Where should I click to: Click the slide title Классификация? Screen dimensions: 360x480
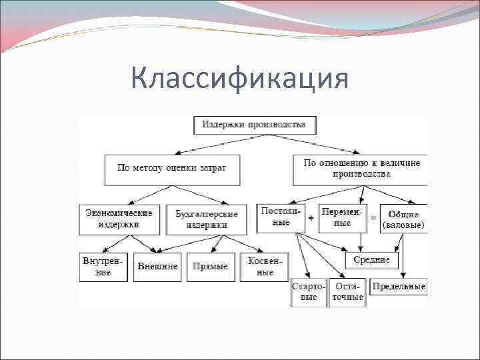pyautogui.click(x=239, y=79)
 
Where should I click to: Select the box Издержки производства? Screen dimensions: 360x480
pyautogui.click(x=255, y=125)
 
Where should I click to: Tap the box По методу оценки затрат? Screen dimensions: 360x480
pyautogui.click(x=171, y=168)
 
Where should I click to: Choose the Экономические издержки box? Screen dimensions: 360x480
pyautogui.click(x=119, y=219)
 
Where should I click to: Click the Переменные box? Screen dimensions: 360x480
pyautogui.click(x=343, y=217)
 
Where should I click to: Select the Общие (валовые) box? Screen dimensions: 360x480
pyautogui.click(x=403, y=219)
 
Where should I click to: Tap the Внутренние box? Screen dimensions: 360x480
pyautogui.click(x=103, y=267)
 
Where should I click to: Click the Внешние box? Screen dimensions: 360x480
pyautogui.click(x=157, y=267)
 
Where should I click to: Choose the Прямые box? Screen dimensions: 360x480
pyautogui.click(x=210, y=267)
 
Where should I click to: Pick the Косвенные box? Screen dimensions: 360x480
pyautogui.click(x=265, y=267)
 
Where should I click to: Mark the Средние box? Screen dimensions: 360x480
pyautogui.click(x=371, y=259)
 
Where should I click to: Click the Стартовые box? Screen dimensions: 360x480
pyautogui.click(x=309, y=292)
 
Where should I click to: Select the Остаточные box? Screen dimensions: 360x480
pyautogui.click(x=347, y=292)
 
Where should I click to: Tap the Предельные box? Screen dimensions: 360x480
pyautogui.click(x=399, y=287)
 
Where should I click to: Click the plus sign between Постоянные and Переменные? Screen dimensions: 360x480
pyautogui.click(x=311, y=218)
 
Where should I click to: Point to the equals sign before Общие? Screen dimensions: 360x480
pyautogui.click(x=373, y=218)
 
